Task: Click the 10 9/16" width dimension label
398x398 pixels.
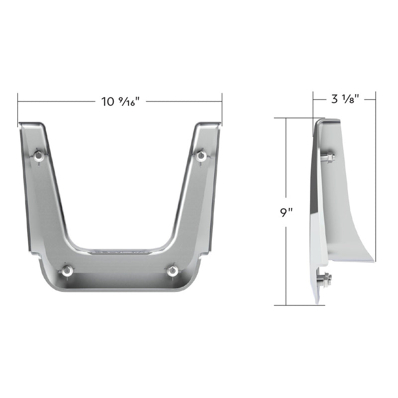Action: point(119,102)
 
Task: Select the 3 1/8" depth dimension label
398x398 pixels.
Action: point(343,99)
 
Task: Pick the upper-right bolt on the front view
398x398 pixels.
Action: point(201,156)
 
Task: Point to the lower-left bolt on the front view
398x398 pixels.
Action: point(66,271)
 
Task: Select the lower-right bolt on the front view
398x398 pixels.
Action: point(173,271)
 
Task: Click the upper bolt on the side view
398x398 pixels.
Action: point(327,158)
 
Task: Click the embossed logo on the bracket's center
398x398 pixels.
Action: point(119,252)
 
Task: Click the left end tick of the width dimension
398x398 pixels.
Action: point(18,101)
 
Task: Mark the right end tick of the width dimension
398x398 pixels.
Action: point(221,101)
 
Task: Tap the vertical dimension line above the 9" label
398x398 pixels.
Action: point(287,159)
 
